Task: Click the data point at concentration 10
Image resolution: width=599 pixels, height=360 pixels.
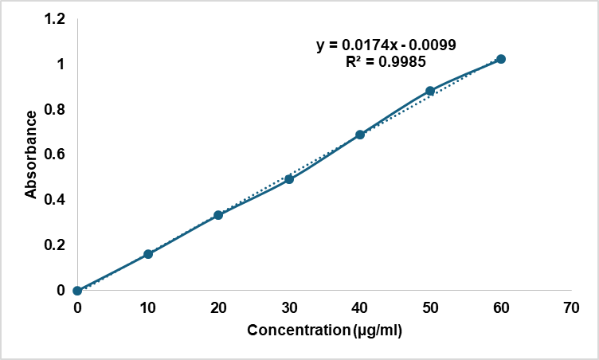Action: tap(148, 254)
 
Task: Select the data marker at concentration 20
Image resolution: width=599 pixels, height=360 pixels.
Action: tap(218, 215)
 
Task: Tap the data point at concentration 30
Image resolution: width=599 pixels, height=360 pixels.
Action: tap(289, 179)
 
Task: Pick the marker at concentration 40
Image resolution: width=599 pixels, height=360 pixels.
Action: tap(360, 135)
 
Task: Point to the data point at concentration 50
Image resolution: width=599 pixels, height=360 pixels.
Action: tap(430, 91)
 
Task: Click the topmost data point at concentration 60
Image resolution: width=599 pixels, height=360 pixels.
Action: tap(501, 59)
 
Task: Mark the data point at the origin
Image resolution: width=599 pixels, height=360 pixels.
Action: tap(77, 291)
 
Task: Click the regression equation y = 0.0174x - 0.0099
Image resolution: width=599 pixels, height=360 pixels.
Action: tap(386, 45)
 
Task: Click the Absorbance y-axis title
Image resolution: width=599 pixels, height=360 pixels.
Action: tap(31, 154)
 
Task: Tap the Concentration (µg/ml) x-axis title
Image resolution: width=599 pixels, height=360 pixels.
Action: tap(324, 330)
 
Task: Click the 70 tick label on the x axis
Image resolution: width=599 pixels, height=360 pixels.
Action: tap(571, 307)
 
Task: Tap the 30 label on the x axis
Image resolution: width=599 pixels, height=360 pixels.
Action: tap(289, 307)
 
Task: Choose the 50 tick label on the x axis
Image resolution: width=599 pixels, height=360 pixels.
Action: tap(430, 307)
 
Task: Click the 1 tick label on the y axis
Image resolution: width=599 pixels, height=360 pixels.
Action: tap(61, 64)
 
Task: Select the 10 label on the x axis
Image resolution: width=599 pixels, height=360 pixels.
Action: tap(148, 307)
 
